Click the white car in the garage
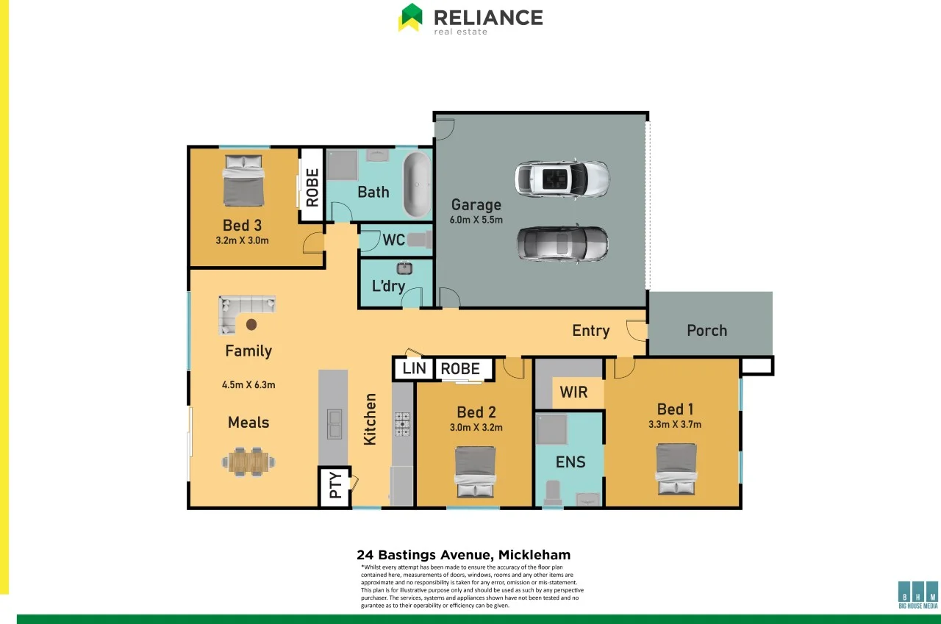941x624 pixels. (x=562, y=179)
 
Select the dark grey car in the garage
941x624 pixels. (x=562, y=243)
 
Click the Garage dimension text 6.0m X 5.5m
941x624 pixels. (x=476, y=220)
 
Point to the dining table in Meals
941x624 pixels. (x=249, y=461)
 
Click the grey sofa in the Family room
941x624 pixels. (x=246, y=310)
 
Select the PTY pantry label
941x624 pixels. (x=335, y=486)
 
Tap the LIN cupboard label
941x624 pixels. (x=414, y=368)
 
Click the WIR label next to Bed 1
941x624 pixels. (x=573, y=392)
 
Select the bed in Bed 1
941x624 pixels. (x=676, y=468)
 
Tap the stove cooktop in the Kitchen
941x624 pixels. (x=403, y=424)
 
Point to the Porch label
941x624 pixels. (x=706, y=330)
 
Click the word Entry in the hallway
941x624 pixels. (x=591, y=331)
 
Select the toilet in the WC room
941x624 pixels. (x=417, y=240)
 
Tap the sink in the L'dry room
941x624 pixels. (x=404, y=268)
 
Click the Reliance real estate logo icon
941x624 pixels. (x=410, y=17)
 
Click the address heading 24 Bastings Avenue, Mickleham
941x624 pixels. (x=463, y=555)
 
